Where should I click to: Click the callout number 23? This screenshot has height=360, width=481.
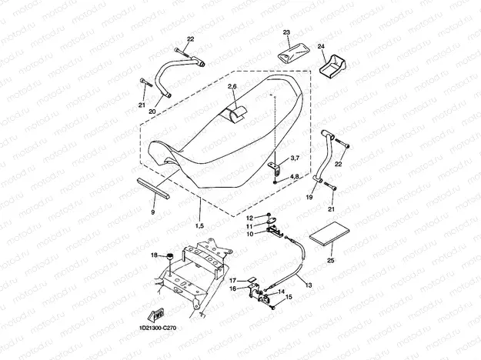287,32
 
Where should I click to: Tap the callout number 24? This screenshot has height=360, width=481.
322,47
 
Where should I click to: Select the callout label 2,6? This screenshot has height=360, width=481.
232,89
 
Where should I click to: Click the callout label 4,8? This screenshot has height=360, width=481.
295,178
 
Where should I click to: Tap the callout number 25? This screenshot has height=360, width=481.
331,261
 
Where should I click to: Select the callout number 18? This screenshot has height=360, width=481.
154,255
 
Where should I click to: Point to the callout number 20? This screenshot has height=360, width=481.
152,112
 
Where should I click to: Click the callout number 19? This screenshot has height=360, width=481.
310,198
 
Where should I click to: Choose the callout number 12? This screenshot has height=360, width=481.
249,218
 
